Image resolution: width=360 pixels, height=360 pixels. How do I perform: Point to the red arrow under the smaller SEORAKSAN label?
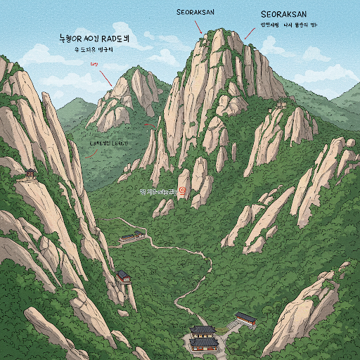pos(200,27)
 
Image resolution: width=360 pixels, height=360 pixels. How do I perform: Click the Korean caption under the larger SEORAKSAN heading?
pos(290,25)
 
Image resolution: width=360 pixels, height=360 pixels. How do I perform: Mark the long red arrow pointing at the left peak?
pos(105,77)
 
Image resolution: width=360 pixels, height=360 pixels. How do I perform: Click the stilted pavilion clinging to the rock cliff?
pos(124,276)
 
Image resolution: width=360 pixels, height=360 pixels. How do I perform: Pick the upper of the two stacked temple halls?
pos(203,330)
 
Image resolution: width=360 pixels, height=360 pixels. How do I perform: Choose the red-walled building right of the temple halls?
pos(245,319)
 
